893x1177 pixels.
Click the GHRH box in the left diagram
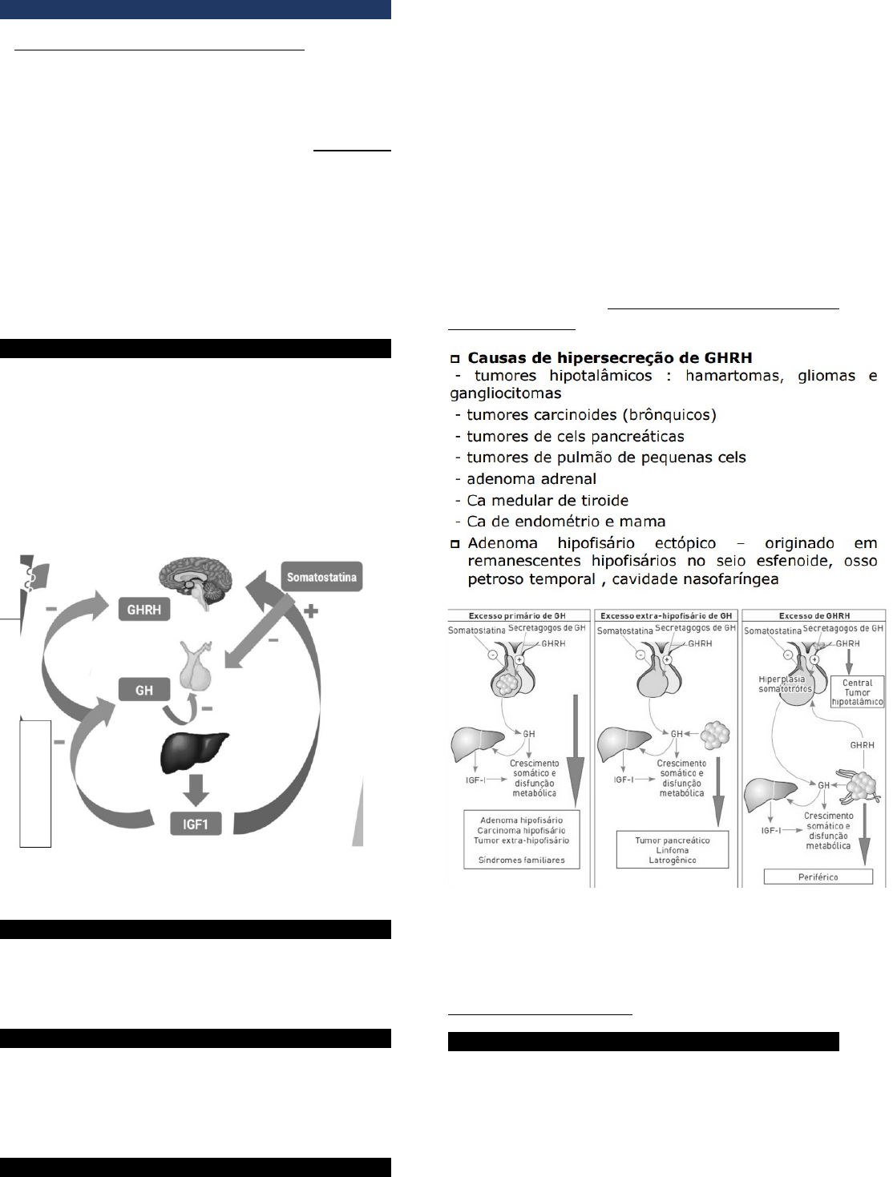tap(144, 609)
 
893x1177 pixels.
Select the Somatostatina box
tap(321, 576)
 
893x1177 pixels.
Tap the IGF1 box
tap(196, 824)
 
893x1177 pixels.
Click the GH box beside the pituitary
tap(144, 690)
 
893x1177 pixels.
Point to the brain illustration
tap(196, 582)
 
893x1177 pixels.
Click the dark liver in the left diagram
tap(194, 752)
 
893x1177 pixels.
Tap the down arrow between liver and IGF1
tap(196, 790)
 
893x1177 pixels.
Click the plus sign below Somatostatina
tap(311, 611)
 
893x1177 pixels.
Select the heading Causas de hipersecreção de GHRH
tap(610, 357)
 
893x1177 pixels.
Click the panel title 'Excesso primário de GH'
tap(517, 615)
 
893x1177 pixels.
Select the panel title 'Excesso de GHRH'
tap(814, 615)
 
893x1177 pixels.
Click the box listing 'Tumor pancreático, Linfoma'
tap(672, 849)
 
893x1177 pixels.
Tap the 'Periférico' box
tap(818, 877)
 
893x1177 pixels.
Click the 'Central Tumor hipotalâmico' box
tap(857, 691)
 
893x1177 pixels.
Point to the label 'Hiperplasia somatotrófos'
tap(785, 683)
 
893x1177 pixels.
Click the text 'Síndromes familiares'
tap(521, 860)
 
